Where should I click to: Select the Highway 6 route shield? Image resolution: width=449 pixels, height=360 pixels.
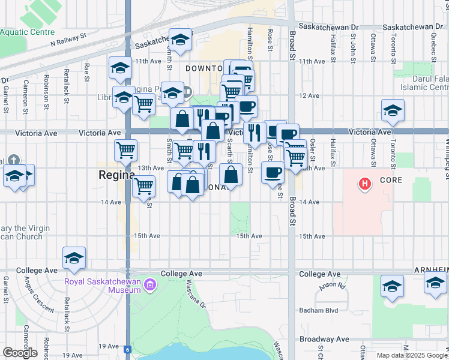pos(127,349)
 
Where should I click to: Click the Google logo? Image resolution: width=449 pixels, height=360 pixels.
pos(20,353)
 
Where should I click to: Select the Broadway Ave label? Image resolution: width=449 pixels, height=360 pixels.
pos(324,339)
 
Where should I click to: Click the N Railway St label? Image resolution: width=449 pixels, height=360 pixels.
pos(69,43)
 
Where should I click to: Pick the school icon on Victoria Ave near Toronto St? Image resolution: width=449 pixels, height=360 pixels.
pos(393,110)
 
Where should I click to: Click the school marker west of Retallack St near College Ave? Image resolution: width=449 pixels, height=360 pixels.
pos(74,257)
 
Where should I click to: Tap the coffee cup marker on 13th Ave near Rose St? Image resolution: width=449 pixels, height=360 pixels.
pos(273,172)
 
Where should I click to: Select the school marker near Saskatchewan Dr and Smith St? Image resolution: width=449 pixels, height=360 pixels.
pos(179,40)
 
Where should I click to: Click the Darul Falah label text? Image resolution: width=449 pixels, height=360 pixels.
pos(430,79)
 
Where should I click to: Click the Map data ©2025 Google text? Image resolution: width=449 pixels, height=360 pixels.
pos(411,355)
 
